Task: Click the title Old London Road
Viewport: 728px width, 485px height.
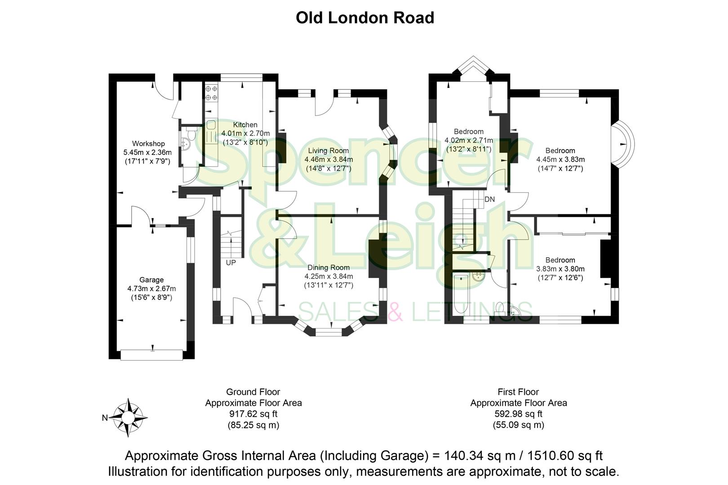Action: [x=364, y=18]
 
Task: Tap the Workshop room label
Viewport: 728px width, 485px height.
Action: [x=148, y=144]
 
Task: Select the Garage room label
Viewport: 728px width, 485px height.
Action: [x=151, y=280]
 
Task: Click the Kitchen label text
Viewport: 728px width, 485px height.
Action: [x=245, y=125]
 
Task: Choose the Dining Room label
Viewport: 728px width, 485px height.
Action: [x=328, y=268]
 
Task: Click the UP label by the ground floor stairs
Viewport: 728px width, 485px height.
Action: [x=231, y=263]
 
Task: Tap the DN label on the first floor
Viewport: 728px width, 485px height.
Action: [x=489, y=199]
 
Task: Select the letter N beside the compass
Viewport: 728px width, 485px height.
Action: [x=105, y=418]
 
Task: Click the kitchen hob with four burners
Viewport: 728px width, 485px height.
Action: [x=211, y=93]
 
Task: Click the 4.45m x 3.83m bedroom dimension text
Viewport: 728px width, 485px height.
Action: [x=560, y=159]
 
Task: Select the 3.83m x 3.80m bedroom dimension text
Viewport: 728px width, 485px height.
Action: [x=560, y=269]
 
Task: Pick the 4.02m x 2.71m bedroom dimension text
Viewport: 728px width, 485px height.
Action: [x=469, y=140]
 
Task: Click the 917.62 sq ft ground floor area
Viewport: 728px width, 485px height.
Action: [x=253, y=414]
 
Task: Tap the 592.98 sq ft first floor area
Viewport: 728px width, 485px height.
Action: [x=519, y=414]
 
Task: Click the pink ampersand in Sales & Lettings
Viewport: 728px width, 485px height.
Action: [x=395, y=312]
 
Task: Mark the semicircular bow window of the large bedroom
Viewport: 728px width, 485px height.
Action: [x=625, y=144]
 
